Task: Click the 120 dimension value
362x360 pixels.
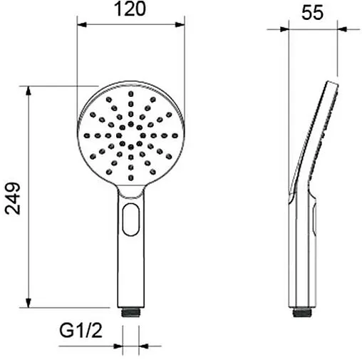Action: coord(130,9)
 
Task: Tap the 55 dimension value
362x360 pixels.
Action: coord(312,13)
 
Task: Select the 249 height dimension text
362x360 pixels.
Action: coord(13,198)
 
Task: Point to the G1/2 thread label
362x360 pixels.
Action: coord(81,330)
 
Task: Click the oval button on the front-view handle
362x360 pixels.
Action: coord(131,220)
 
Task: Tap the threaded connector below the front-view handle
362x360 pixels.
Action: coord(130,312)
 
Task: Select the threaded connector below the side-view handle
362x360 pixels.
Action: coord(302,312)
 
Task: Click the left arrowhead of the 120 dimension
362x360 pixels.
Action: coord(82,24)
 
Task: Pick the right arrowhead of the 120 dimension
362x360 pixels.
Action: coord(180,24)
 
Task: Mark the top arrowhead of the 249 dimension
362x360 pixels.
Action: coord(29,91)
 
